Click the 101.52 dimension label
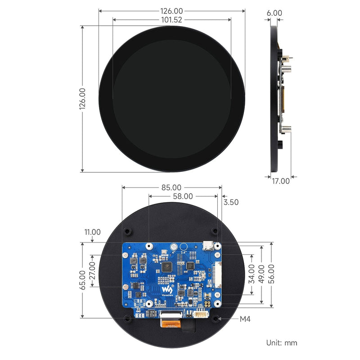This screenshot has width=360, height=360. tap(171, 20)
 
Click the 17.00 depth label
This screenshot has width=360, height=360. tap(281, 181)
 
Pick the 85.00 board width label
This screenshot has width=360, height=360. tap(171, 187)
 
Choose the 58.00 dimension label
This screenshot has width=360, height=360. tap(183, 196)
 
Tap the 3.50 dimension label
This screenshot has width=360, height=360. tap(231, 202)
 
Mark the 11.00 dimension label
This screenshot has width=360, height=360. tap(92, 232)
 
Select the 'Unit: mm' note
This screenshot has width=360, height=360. tap(282, 343)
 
